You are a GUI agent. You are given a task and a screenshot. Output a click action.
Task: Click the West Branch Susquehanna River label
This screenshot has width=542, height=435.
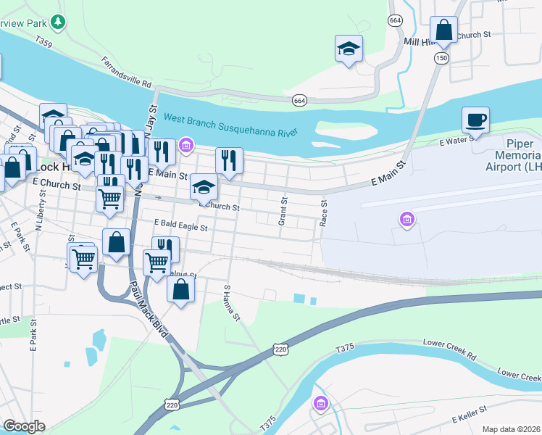tap(231, 125)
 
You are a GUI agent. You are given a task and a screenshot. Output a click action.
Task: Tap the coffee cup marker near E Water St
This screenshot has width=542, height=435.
tap(475, 120)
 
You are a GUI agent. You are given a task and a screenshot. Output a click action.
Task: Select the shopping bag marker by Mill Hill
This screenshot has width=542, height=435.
tap(444, 30)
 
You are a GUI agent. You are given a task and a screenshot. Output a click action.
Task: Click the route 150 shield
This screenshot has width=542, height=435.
tap(441, 57)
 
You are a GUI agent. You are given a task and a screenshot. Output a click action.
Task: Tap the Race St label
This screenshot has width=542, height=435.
tap(324, 213)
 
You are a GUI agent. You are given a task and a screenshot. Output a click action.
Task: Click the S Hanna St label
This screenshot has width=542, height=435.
tap(230, 304)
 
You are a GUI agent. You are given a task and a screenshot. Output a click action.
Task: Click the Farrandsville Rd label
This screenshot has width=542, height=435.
tap(126, 71)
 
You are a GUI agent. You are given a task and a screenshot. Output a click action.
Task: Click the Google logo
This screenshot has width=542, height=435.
tap(24, 426)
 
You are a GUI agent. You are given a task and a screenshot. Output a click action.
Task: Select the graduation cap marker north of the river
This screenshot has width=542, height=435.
tap(349, 49)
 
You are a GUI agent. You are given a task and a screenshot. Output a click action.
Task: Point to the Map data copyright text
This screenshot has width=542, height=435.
tap(512, 429)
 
